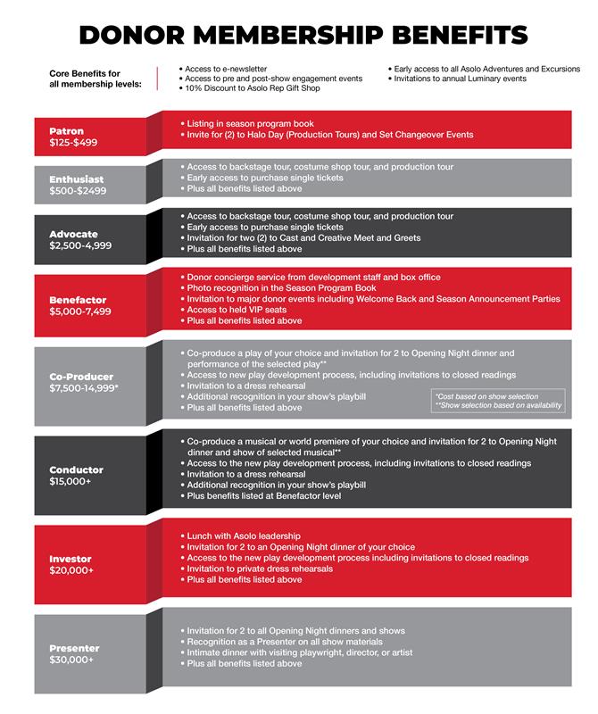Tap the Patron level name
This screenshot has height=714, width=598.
coord(66,131)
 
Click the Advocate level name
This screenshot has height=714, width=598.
coord(73,234)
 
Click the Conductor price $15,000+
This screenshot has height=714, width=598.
coord(71,481)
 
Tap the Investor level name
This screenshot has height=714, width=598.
coord(70,559)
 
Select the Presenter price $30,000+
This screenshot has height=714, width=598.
coord(71,660)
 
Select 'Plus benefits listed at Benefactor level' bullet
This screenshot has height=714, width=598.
coord(265,495)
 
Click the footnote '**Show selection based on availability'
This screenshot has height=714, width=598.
coord(498,406)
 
